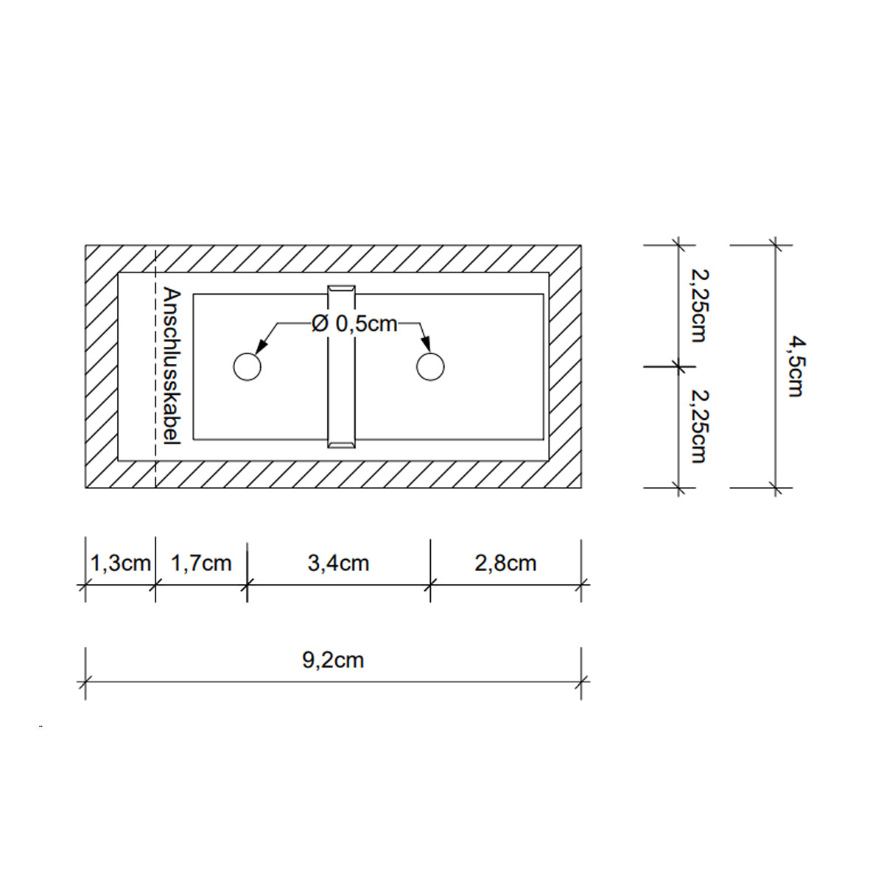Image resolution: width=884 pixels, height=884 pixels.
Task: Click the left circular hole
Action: (x=247, y=366)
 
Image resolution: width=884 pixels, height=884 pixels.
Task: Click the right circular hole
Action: (x=430, y=366)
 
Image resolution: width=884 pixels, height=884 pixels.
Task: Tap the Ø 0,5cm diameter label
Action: (x=354, y=323)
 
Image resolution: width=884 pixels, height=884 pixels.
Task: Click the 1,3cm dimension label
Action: (x=120, y=564)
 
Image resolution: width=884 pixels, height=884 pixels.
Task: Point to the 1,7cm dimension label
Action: (x=201, y=564)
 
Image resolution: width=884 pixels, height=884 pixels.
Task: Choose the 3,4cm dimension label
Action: (x=338, y=564)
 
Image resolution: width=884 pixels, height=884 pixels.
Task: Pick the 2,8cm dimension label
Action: (x=505, y=564)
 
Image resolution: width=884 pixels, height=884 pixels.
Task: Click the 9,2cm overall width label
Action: (x=333, y=660)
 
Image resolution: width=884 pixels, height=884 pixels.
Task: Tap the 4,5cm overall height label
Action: (x=794, y=366)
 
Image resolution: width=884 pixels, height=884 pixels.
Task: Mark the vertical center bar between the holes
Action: (x=341, y=366)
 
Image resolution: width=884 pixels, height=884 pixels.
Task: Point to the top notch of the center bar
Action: (x=341, y=288)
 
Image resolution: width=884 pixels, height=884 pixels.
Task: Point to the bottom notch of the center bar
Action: (x=341, y=443)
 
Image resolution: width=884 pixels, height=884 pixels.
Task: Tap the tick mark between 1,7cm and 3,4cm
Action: (x=247, y=586)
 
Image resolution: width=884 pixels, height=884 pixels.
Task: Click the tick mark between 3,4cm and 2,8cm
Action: (x=430, y=586)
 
